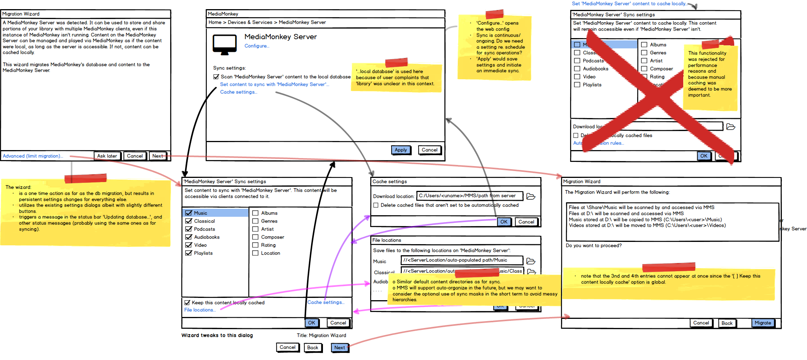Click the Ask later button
coord(107,156)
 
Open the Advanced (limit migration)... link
coord(33,156)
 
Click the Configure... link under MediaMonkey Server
coord(257,46)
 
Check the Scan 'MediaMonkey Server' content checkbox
coord(216,77)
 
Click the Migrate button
coord(763,323)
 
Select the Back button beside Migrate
coord(727,323)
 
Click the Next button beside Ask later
coord(158,156)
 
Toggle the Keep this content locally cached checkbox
coord(187,303)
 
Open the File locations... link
coord(200,310)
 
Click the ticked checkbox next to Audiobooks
coord(189,237)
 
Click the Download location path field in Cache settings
coord(469,196)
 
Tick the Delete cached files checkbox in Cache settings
coord(376,205)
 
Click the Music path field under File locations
coord(462,260)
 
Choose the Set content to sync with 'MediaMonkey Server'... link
coord(274,85)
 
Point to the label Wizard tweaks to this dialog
coord(217,336)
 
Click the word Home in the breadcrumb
coord(215,22)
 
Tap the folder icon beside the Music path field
coord(531,261)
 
